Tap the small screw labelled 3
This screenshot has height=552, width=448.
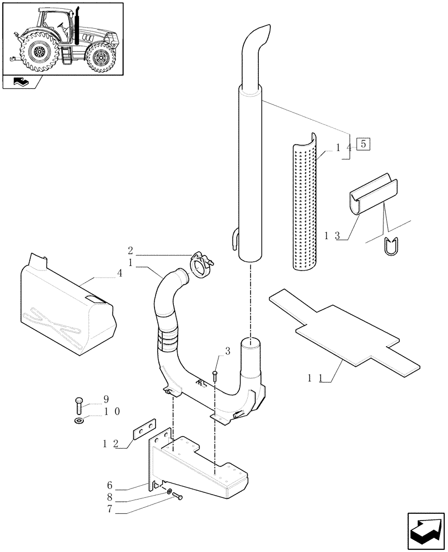tap(215, 376)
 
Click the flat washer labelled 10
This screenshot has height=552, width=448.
tap(78, 423)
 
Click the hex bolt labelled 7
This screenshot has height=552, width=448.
tap(178, 497)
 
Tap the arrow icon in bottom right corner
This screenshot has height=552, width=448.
tap(426, 529)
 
